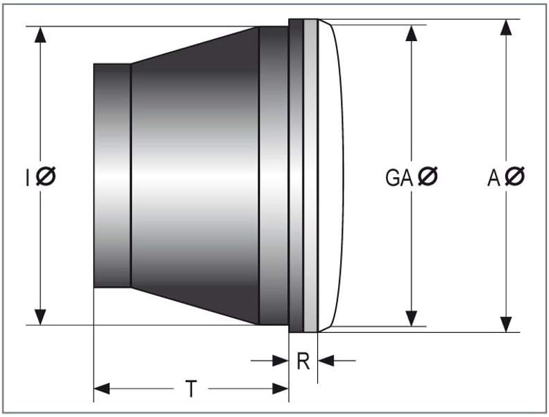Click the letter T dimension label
point(191,389)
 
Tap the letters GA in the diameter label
point(400,177)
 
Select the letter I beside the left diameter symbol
point(28,177)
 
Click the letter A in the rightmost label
point(493,177)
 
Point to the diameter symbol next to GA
point(428,176)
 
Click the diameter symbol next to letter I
point(46,176)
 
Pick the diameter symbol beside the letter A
point(515,176)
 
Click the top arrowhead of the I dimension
point(40,34)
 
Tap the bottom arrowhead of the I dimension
point(40,317)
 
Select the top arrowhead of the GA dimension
point(412,33)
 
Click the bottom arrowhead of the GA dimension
point(412,318)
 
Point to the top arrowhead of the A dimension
point(506,27)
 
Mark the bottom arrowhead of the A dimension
point(506,325)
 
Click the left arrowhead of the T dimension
point(102,389)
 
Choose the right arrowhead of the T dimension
point(280,389)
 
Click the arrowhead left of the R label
point(280,361)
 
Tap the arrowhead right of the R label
point(326,361)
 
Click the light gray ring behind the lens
point(310,176)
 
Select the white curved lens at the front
point(331,176)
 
